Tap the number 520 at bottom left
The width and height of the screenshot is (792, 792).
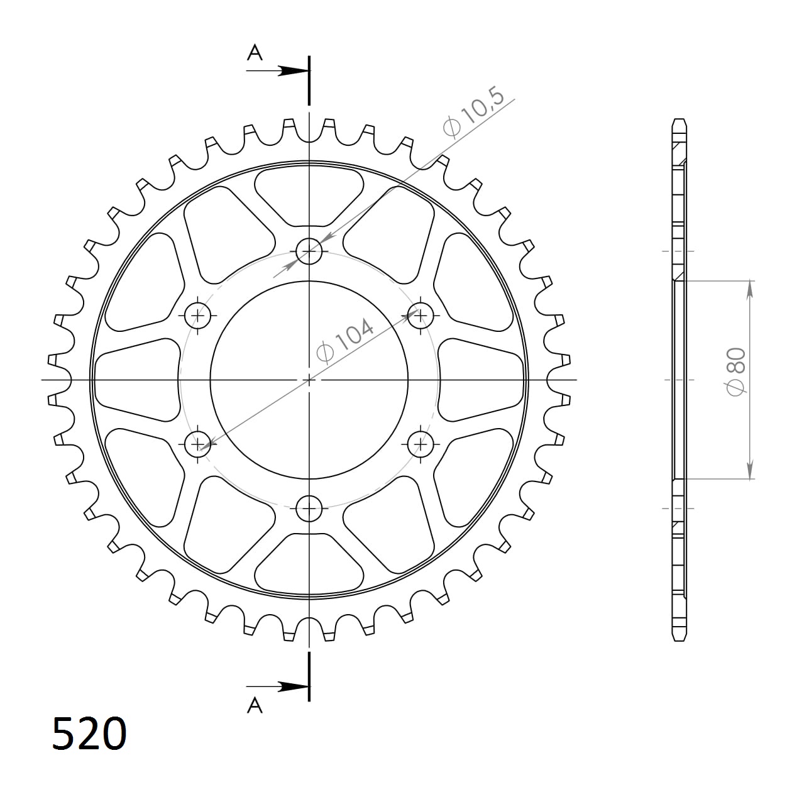(x=89, y=734)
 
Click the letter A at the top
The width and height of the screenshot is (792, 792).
(x=255, y=53)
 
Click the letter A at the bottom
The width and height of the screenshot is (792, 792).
(x=255, y=706)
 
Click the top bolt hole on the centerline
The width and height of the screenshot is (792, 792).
(x=309, y=251)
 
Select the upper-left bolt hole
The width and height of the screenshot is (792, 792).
(x=198, y=315)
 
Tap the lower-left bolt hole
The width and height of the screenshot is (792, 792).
(x=198, y=444)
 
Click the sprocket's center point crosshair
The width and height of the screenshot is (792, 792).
(x=309, y=380)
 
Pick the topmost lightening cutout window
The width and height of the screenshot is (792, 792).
(x=309, y=195)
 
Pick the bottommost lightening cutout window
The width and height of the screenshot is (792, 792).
(x=309, y=563)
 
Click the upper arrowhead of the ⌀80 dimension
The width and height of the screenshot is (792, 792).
(x=750, y=289)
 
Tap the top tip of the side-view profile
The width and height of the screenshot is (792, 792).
(x=679, y=120)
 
